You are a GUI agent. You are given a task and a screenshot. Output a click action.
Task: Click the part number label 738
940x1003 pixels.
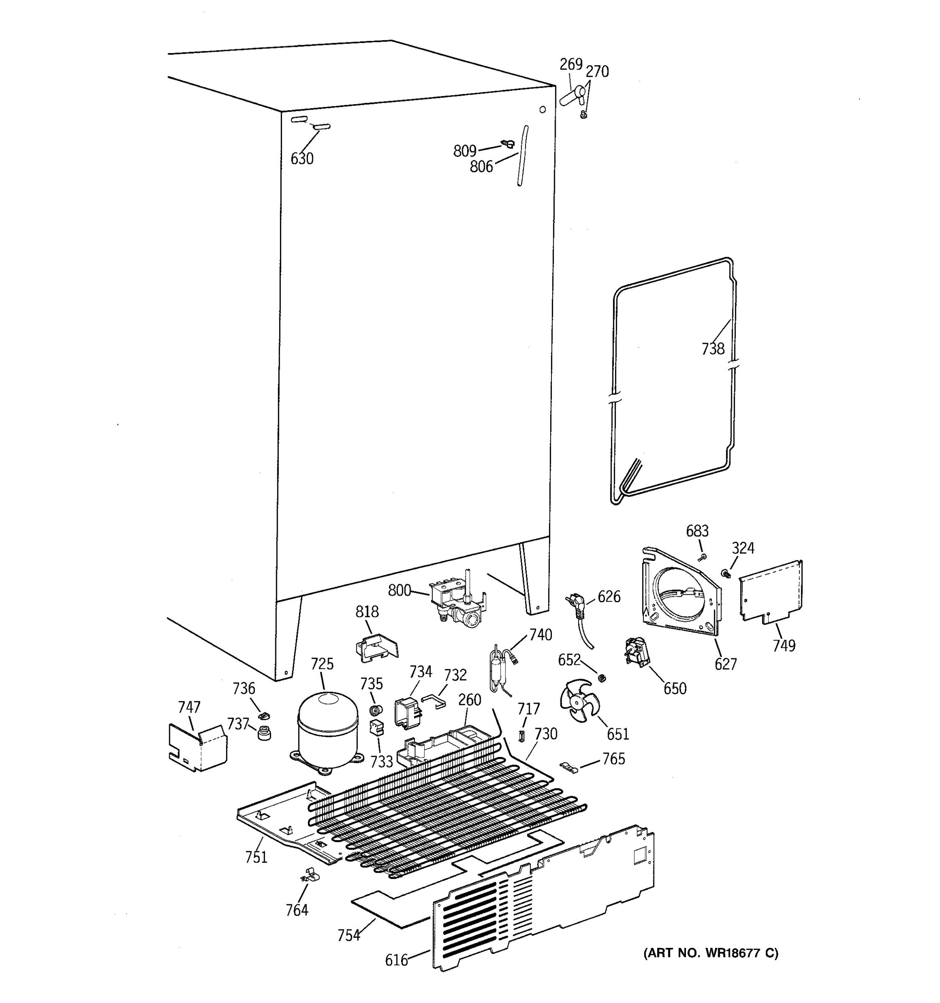[x=713, y=349]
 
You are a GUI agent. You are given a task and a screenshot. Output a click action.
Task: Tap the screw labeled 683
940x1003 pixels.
[x=702, y=557]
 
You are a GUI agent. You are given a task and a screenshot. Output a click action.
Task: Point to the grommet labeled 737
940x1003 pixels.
[x=264, y=733]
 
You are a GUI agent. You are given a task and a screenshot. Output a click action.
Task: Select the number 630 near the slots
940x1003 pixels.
[x=302, y=159]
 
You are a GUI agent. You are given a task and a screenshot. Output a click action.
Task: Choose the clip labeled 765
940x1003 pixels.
[x=570, y=769]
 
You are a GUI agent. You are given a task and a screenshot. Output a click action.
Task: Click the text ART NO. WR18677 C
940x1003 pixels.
[x=711, y=953]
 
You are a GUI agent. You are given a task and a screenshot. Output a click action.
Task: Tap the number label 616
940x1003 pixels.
[x=396, y=960]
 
